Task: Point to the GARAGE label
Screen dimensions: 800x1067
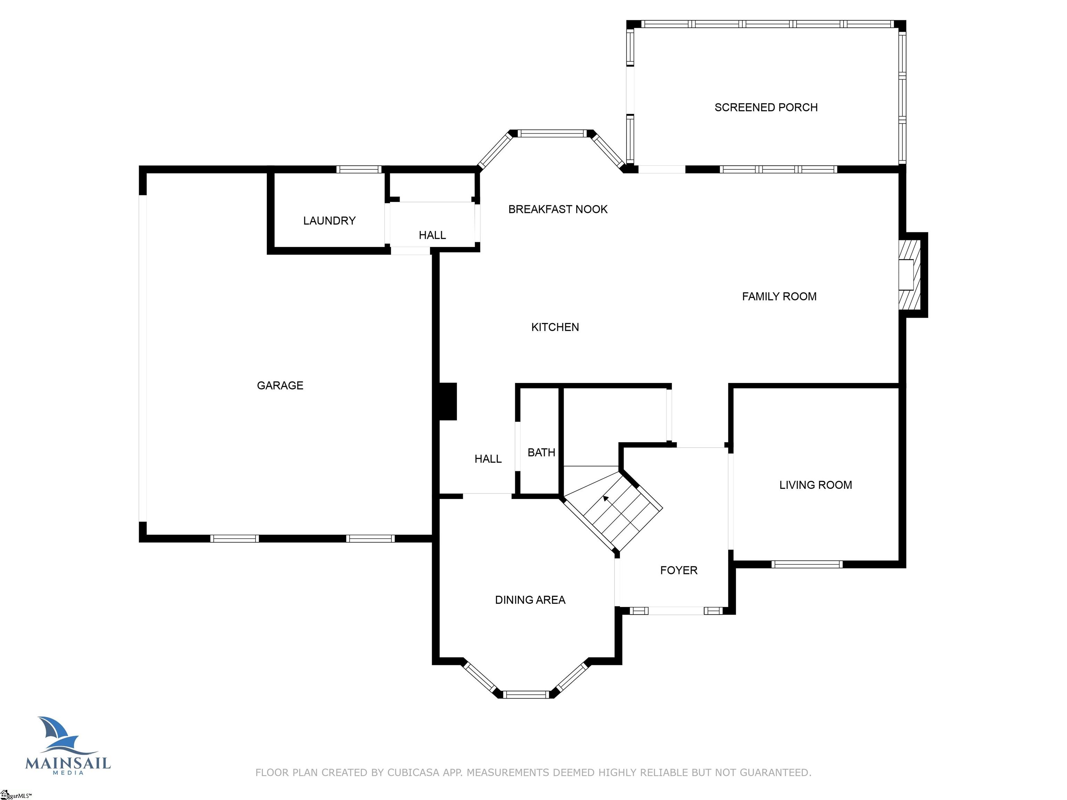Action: pos(280,385)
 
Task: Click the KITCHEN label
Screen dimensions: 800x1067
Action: pos(555,327)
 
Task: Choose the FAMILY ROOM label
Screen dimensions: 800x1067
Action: pos(779,297)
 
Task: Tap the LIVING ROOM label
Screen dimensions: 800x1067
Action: pos(815,485)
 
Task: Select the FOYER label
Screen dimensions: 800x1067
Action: pos(678,570)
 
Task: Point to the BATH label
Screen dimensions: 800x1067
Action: pos(541,452)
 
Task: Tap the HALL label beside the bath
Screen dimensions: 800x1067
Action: pos(488,459)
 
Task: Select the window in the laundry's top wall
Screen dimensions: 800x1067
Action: pos(358,169)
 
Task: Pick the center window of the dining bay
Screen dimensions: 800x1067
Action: pos(526,694)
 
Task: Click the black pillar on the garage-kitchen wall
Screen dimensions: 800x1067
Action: pos(448,401)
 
